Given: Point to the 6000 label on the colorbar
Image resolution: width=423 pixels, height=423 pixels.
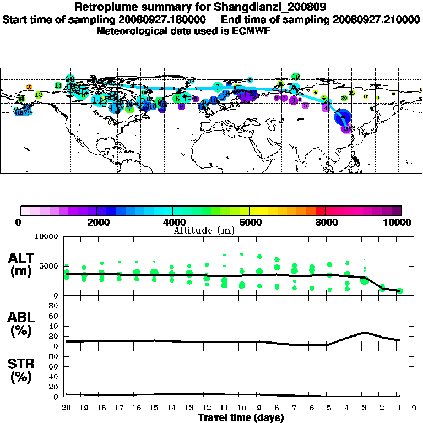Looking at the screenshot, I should (x=250, y=223).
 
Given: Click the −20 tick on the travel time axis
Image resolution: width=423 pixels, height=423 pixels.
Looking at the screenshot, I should (x=66, y=408).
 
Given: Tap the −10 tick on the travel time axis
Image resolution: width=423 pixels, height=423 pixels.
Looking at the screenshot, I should (x=241, y=408).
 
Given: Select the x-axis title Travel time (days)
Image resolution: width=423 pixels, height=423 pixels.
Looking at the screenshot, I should (x=241, y=417).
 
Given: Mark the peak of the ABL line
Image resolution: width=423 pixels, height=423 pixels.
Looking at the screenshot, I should (x=364, y=332).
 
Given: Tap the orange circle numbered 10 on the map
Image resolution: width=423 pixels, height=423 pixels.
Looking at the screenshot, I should (x=29, y=87).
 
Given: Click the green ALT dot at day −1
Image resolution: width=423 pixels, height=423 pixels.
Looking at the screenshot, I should (x=400, y=291).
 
